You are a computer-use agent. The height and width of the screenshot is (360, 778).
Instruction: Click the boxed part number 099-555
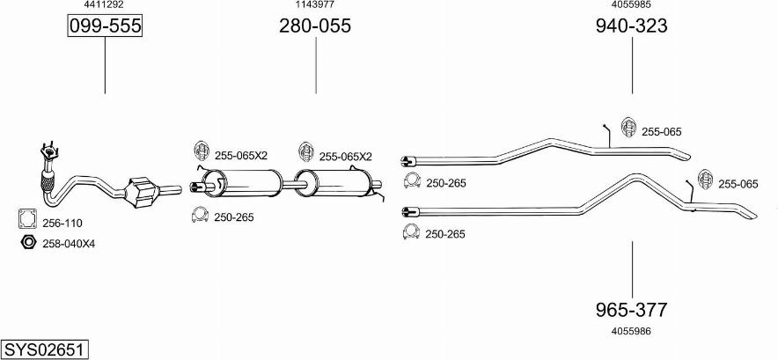[105, 27]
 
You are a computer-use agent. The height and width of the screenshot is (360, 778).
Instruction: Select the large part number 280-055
[315, 26]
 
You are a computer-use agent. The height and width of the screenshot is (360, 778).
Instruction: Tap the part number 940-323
[631, 26]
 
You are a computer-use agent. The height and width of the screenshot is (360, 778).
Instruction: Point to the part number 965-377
[631, 310]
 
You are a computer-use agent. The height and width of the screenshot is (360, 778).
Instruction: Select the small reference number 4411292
[104, 4]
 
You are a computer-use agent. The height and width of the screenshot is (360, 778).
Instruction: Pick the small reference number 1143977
[314, 4]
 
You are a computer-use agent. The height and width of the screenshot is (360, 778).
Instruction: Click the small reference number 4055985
[631, 4]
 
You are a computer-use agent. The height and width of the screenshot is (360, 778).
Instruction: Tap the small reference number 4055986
[631, 331]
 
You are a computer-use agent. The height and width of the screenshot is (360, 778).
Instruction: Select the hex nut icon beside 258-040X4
[27, 242]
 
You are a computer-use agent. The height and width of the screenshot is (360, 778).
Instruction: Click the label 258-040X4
[69, 243]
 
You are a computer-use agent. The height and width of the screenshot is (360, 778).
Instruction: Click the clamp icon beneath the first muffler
[200, 215]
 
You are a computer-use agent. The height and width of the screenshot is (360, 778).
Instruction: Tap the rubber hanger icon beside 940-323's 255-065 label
[628, 129]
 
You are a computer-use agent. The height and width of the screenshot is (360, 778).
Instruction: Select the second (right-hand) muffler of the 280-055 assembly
[345, 185]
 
